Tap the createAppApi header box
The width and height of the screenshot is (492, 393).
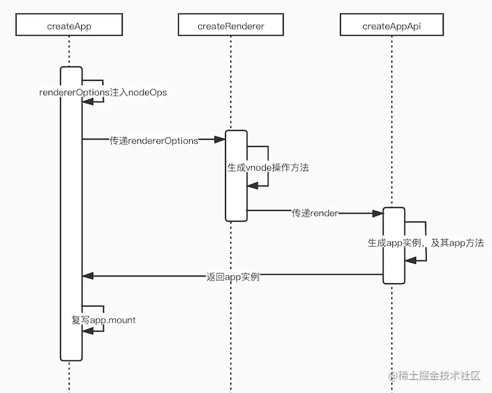point(391,26)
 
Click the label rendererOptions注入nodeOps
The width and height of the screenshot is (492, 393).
point(103,93)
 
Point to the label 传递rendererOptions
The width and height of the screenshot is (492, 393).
point(153,141)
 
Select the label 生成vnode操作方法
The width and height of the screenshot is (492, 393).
point(268,168)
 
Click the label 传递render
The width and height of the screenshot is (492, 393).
point(314,213)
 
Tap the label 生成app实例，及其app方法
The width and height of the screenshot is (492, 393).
point(426,243)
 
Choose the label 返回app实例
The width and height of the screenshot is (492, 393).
point(233,277)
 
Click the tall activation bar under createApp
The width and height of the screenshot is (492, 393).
point(72,211)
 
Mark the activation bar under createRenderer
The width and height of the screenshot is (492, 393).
point(236,176)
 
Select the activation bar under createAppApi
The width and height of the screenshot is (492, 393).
point(394,245)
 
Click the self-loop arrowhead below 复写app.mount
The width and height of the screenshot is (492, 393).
point(88,330)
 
